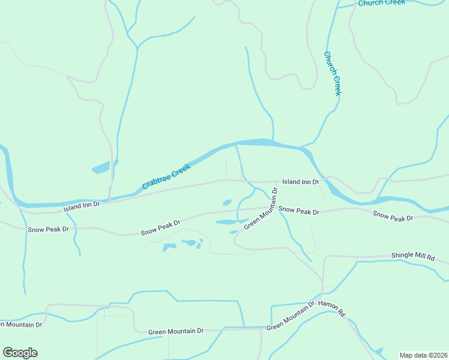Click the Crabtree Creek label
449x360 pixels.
pyautogui.click(x=166, y=178)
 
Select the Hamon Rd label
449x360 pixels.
pyautogui.click(x=333, y=308)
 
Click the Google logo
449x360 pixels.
pyautogui.click(x=20, y=353)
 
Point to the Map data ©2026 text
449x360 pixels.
pyautogui.click(x=424, y=355)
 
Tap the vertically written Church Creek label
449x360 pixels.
pyautogui.click(x=333, y=73)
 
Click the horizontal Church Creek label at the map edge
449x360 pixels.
pyautogui.click(x=382, y=3)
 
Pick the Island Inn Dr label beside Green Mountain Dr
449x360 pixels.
pyautogui.click(x=300, y=181)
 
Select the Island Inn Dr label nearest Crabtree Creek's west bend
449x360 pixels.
pyautogui.click(x=81, y=207)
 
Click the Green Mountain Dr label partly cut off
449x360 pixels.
pyautogui.click(x=21, y=325)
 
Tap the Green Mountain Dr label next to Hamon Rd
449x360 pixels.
pyautogui.click(x=291, y=316)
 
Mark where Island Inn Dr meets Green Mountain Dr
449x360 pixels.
pyautogui.click(x=276, y=182)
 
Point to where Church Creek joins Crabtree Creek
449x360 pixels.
pyautogui.click(x=304, y=146)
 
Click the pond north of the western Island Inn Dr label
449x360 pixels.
pyautogui.click(x=102, y=167)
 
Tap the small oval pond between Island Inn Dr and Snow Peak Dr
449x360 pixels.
pyautogui.click(x=228, y=202)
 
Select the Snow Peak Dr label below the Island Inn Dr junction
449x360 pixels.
pyautogui.click(x=299, y=211)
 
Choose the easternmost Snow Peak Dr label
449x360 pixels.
pyautogui.click(x=393, y=216)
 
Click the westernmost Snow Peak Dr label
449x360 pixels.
pyautogui.click(x=49, y=229)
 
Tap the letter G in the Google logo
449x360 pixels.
pyautogui.click(x=8, y=353)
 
